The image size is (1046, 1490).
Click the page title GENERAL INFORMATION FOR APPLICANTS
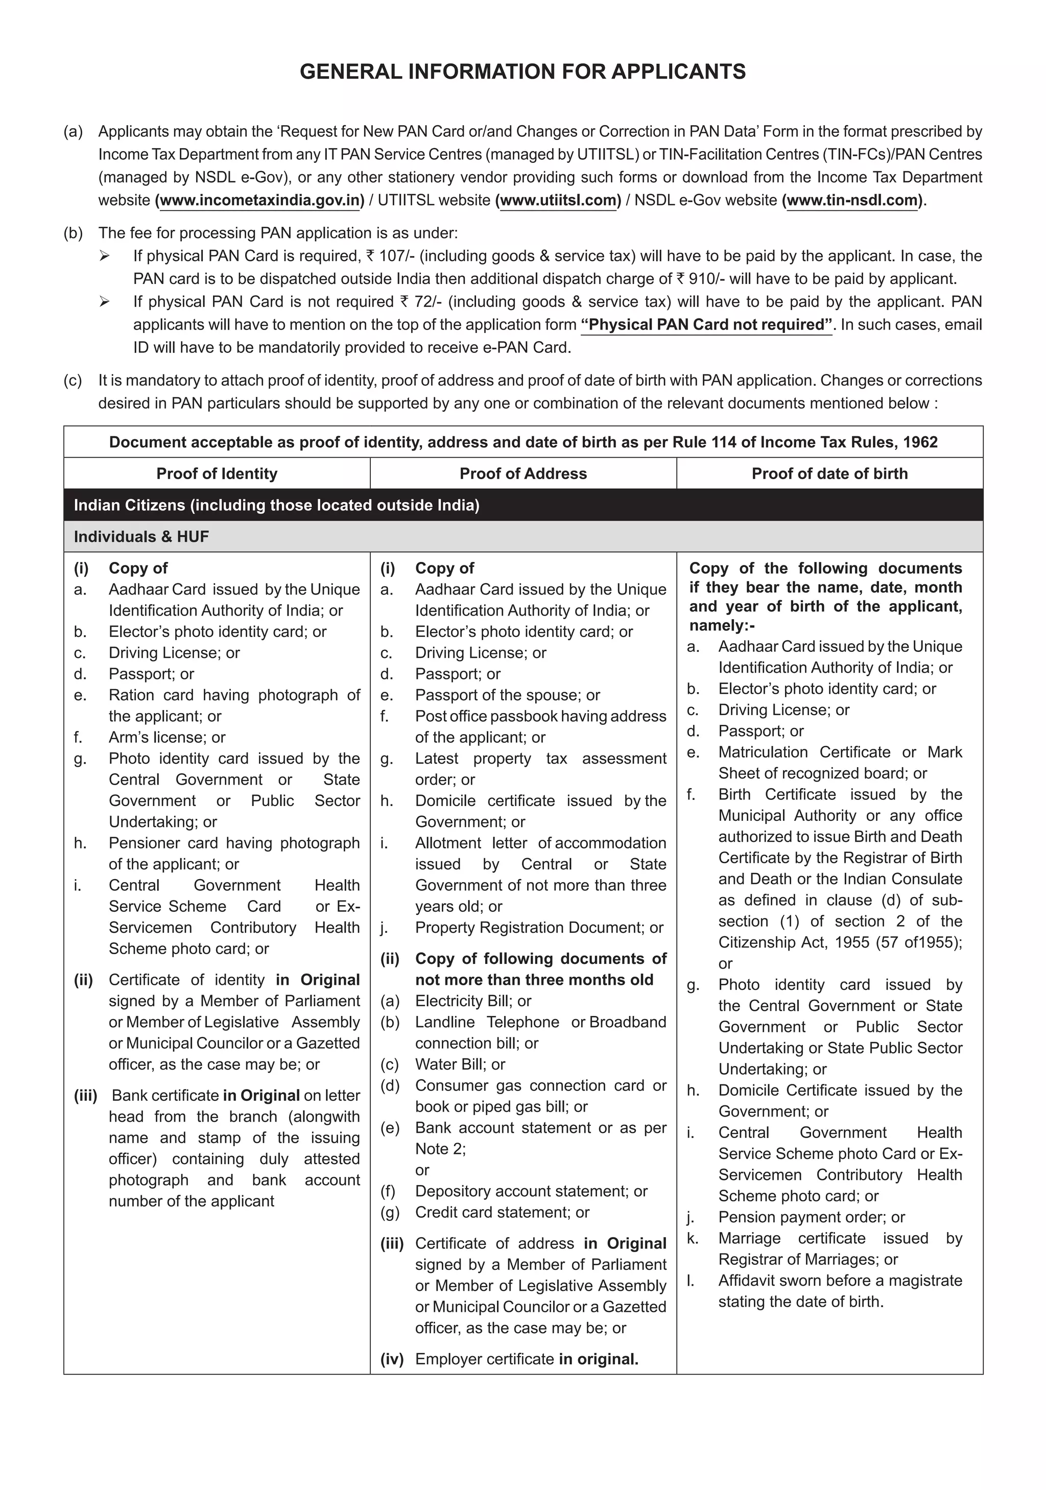click(522, 72)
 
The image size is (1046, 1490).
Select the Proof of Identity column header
click(217, 474)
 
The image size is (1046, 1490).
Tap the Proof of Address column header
click(523, 474)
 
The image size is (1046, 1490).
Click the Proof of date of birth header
click(829, 474)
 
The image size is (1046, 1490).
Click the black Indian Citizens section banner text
click(276, 505)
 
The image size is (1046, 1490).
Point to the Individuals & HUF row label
click(141, 537)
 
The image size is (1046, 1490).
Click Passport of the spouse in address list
click(507, 695)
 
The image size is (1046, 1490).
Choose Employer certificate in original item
click(526, 1359)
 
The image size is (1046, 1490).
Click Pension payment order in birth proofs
click(811, 1217)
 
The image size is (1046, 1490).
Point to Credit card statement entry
click(502, 1212)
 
